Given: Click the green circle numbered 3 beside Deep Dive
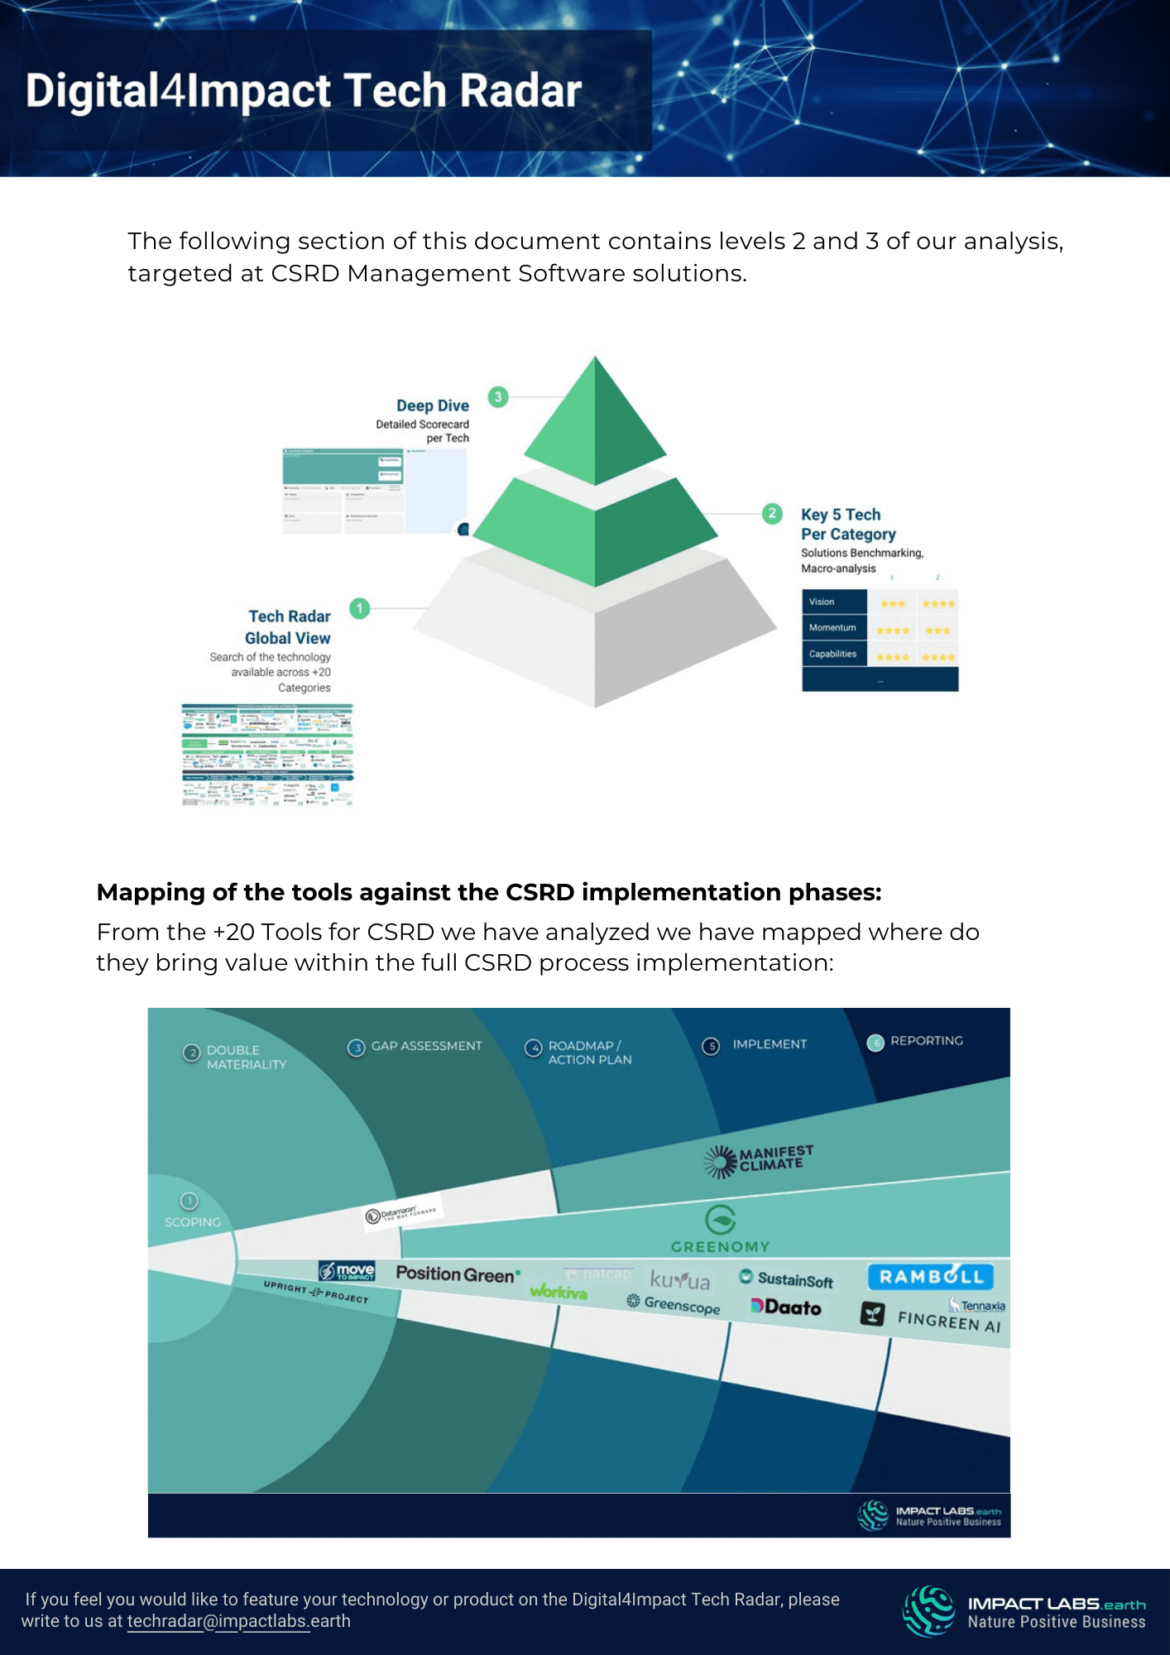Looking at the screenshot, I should click(498, 397).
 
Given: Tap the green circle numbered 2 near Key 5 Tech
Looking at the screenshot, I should click(772, 514).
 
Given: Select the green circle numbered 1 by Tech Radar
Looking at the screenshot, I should click(359, 608).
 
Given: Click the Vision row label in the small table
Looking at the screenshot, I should click(822, 602).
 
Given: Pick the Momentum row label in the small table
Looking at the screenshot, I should click(832, 628).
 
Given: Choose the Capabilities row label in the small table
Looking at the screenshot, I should click(832, 654).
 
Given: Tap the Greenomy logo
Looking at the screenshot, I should click(720, 1230).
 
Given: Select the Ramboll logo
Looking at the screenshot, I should click(931, 1277).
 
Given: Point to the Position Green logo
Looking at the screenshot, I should click(458, 1274).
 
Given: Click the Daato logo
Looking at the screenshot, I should click(786, 1307).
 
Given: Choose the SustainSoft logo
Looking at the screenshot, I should click(786, 1279).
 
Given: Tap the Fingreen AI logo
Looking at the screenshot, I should click(932, 1317).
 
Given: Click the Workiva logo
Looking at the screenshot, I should click(559, 1292).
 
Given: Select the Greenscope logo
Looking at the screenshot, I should click(674, 1304).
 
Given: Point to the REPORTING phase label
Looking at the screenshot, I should click(926, 1041).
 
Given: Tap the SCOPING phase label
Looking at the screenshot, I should click(192, 1221).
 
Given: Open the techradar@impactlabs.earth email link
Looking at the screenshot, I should click(238, 1621).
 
